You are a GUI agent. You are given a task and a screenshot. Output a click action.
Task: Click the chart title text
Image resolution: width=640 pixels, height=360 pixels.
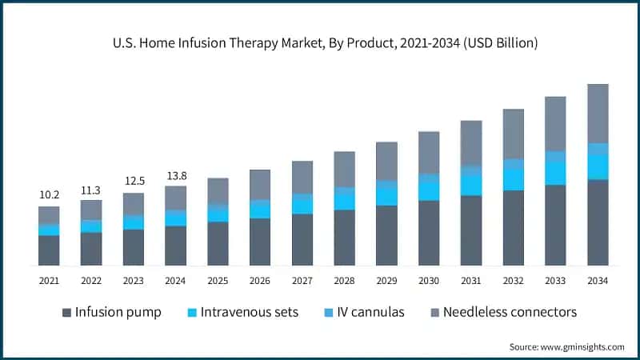click(x=320, y=43)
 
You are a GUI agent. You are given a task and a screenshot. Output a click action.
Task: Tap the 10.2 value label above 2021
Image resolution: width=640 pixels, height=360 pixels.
click(x=49, y=194)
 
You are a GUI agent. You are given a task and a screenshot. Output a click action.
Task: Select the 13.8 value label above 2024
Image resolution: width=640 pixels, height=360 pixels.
click(x=175, y=174)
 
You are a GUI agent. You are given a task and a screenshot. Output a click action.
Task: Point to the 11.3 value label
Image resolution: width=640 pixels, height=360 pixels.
click(x=91, y=190)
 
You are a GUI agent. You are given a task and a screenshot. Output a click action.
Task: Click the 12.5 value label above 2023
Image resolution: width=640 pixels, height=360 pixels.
click(x=133, y=181)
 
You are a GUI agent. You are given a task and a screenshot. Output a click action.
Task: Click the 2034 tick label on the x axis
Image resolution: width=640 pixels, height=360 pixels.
click(x=598, y=281)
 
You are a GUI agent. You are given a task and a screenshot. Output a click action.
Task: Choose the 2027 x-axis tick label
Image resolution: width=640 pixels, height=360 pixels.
click(x=302, y=281)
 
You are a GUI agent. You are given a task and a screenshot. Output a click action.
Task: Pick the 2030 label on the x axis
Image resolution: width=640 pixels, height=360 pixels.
click(x=429, y=281)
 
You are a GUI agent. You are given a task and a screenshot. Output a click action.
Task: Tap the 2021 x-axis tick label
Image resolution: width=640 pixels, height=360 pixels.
click(x=49, y=281)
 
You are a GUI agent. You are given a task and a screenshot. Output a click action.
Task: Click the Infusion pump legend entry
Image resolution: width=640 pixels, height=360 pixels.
click(x=111, y=311)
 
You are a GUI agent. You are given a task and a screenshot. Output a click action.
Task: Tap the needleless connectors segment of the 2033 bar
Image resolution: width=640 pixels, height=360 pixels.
click(x=555, y=124)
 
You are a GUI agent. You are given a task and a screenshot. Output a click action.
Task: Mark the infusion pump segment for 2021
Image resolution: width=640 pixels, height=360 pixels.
click(x=49, y=250)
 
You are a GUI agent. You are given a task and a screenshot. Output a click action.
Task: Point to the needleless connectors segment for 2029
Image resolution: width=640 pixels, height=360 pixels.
click(x=386, y=161)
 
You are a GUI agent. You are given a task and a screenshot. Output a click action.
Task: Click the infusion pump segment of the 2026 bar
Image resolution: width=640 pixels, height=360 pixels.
click(x=259, y=242)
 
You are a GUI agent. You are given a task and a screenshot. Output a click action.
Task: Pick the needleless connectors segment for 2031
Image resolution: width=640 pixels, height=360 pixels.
click(x=471, y=143)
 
